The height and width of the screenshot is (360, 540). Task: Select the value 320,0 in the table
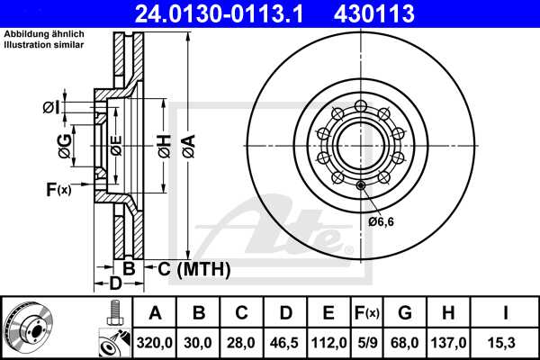(155, 343)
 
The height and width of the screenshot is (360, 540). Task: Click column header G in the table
(404, 313)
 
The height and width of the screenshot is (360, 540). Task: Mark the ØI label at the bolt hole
(52, 107)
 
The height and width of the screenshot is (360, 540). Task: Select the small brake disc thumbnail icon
(28, 328)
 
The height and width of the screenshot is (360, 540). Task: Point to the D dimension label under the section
(114, 285)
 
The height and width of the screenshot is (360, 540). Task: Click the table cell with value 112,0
(328, 343)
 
